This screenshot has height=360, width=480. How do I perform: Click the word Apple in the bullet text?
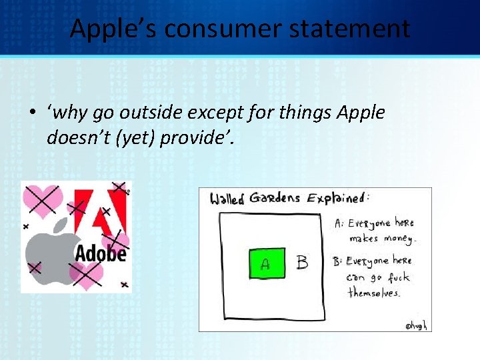pos(361,113)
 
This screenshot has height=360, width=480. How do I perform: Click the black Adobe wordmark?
pos(100,254)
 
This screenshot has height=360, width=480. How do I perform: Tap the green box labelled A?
pos(266,263)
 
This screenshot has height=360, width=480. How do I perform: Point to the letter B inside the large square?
pos(302,263)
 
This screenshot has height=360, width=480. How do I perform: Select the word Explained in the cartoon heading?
pos(338,199)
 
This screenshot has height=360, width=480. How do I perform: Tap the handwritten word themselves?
pos(374,293)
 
